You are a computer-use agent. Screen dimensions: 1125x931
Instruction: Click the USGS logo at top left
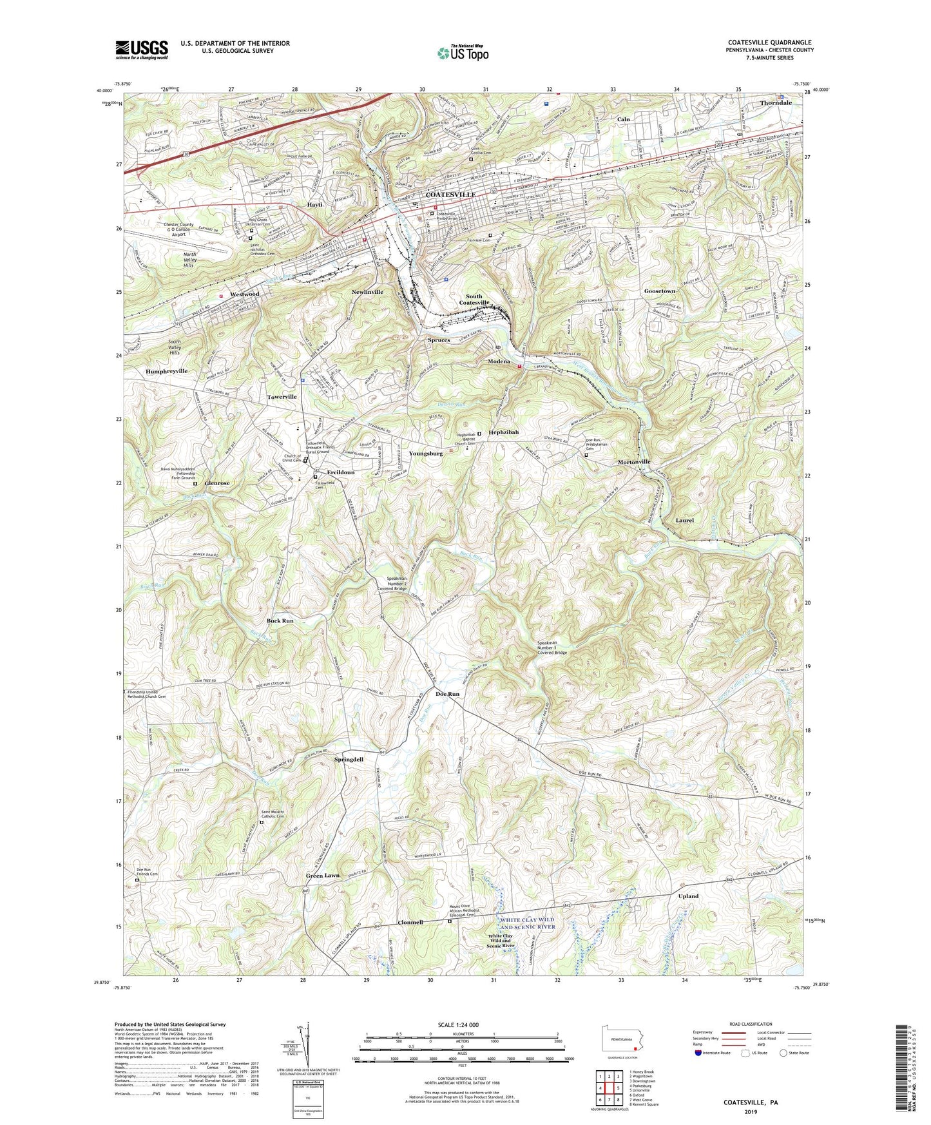(141, 50)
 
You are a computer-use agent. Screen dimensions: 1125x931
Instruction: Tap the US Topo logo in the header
(462, 53)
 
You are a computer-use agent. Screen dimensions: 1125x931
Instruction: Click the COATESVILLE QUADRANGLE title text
(769, 43)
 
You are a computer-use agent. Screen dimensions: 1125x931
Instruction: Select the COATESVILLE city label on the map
(450, 195)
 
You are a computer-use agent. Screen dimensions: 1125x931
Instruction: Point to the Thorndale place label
(776, 103)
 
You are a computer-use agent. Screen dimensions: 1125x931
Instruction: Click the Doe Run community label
(447, 694)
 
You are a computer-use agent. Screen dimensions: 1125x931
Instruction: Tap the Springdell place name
(349, 760)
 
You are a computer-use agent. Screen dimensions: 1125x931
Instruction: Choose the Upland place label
(688, 896)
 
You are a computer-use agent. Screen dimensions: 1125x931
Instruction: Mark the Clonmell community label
(410, 923)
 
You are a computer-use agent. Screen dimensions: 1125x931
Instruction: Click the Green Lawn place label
(322, 876)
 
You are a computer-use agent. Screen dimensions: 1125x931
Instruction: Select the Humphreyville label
(166, 372)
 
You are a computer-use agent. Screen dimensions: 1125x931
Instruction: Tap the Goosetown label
(659, 291)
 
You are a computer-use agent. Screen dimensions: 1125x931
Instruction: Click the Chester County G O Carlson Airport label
(169, 230)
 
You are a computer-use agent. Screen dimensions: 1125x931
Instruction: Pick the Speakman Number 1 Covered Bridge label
(552, 648)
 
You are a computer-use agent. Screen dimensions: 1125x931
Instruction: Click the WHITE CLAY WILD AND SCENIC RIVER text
(527, 923)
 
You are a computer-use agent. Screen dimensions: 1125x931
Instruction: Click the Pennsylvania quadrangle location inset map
(621, 1040)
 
